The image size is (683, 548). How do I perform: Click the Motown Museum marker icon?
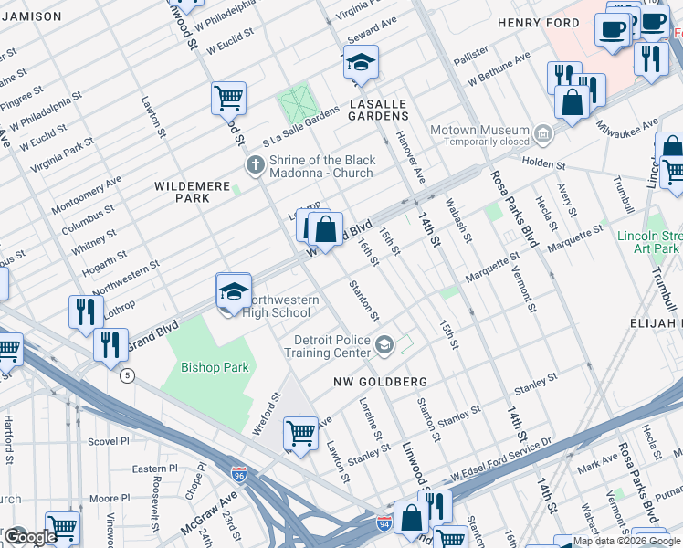(x=543, y=135)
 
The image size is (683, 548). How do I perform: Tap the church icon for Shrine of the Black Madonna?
(x=257, y=165)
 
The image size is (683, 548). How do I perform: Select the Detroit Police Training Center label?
(x=332, y=346)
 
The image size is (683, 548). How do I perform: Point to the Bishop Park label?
(x=215, y=367)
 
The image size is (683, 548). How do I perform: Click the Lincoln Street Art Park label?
(x=647, y=242)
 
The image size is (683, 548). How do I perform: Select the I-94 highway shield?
(x=385, y=523)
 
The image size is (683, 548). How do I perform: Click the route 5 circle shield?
(x=127, y=374)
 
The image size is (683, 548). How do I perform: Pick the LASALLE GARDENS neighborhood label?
(x=378, y=110)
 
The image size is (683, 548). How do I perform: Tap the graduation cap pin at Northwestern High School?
(x=234, y=291)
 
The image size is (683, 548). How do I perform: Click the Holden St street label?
(x=544, y=165)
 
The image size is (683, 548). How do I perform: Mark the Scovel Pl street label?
(x=109, y=440)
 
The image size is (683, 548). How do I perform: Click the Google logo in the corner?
(x=29, y=537)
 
